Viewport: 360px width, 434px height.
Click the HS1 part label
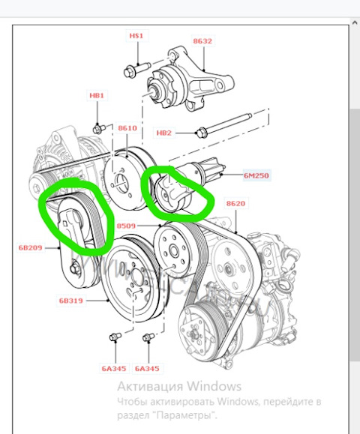click(x=136, y=36)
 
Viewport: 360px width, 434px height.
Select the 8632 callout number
click(x=202, y=41)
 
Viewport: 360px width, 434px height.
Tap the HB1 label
click(x=97, y=95)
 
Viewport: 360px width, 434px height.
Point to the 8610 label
click(x=127, y=128)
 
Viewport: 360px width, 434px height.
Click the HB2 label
click(x=164, y=133)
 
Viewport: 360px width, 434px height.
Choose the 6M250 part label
click(x=256, y=175)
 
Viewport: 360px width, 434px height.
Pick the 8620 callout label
click(x=235, y=203)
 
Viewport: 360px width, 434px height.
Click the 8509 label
click(x=126, y=226)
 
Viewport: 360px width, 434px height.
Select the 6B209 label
click(x=31, y=247)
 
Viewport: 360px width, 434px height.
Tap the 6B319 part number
click(x=71, y=301)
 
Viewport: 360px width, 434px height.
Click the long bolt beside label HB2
click(x=223, y=124)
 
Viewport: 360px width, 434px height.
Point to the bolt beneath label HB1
click(x=99, y=129)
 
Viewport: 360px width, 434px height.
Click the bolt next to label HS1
click(x=137, y=70)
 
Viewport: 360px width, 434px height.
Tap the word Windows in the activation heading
click(x=214, y=386)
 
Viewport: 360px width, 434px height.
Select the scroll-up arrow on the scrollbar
click(x=355, y=23)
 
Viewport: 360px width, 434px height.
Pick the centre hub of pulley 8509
click(x=174, y=251)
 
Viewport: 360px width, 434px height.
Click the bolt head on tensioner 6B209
click(x=74, y=269)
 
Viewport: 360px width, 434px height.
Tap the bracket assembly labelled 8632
click(x=190, y=80)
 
